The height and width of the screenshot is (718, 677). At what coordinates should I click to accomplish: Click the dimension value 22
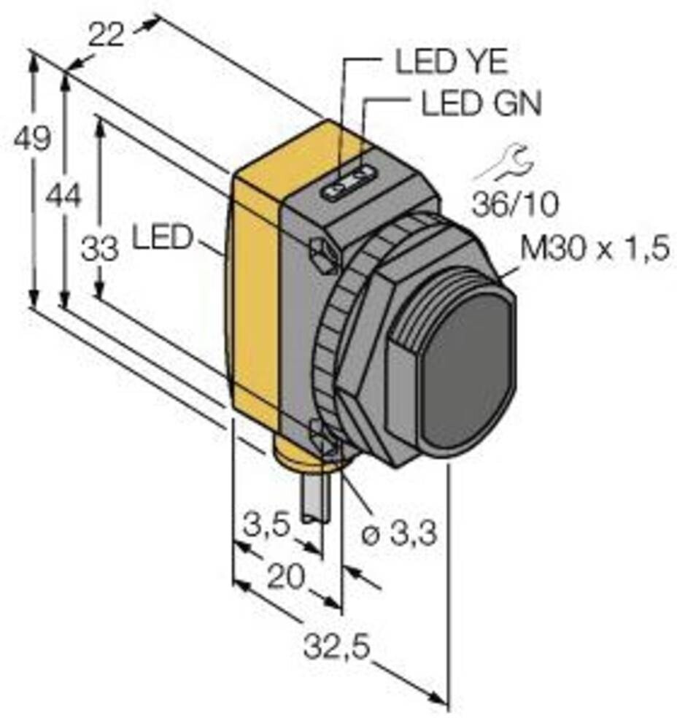107,34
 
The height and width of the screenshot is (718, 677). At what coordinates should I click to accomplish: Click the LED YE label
451,63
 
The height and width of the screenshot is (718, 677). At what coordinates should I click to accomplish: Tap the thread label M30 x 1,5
594,250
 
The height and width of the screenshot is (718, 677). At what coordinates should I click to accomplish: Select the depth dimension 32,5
337,646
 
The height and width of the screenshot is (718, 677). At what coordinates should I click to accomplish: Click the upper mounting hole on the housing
322,253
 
